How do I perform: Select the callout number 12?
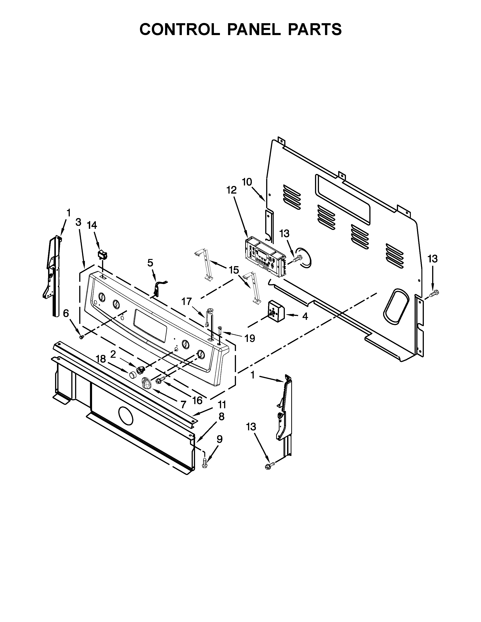[231, 190]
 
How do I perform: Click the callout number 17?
[187, 301]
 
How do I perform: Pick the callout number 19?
[250, 338]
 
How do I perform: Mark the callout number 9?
[219, 439]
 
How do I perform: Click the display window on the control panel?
[150, 325]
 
